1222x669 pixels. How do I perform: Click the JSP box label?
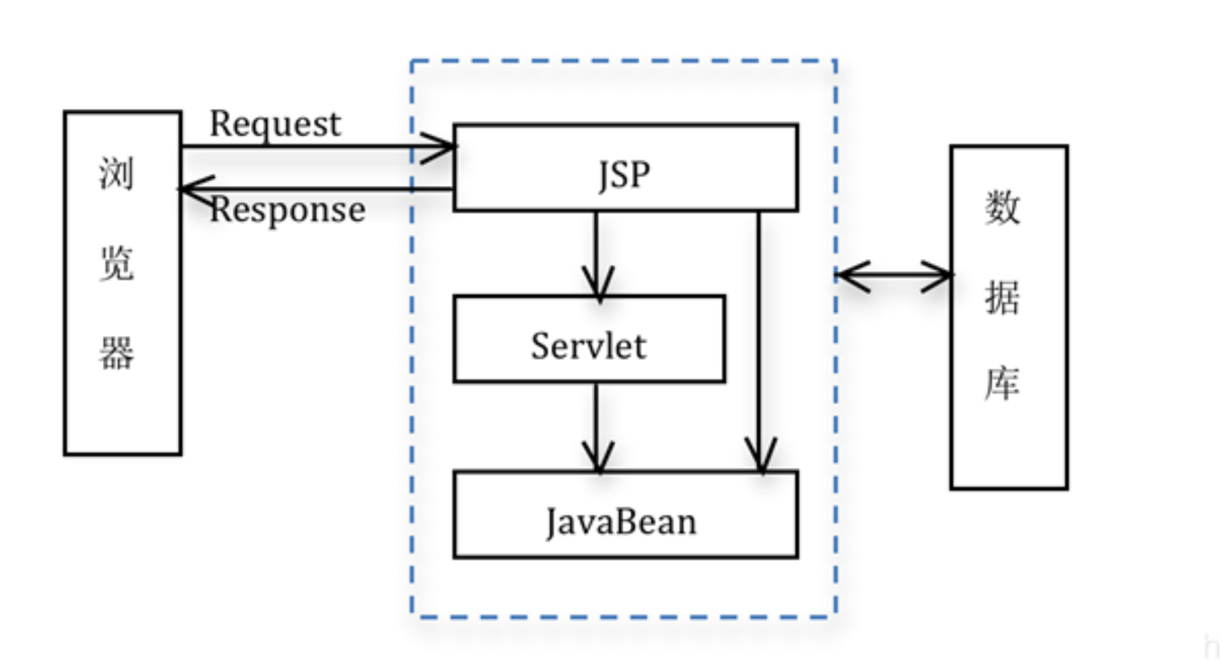pyautogui.click(x=624, y=175)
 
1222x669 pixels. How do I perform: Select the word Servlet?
pyautogui.click(x=588, y=346)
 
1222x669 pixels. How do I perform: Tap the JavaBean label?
pyautogui.click(x=621, y=521)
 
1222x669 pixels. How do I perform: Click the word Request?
pyautogui.click(x=275, y=124)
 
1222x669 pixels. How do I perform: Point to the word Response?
pyautogui.click(x=287, y=209)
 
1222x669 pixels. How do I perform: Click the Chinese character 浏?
pyautogui.click(x=116, y=173)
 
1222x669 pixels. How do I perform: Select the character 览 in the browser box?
pyautogui.click(x=116, y=263)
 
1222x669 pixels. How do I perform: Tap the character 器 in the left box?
pyautogui.click(x=116, y=353)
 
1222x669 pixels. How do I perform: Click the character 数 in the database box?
pyautogui.click(x=1002, y=207)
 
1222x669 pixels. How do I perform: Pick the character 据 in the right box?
pyautogui.click(x=1002, y=296)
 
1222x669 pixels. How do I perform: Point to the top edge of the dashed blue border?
pyautogui.click(x=623, y=61)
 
